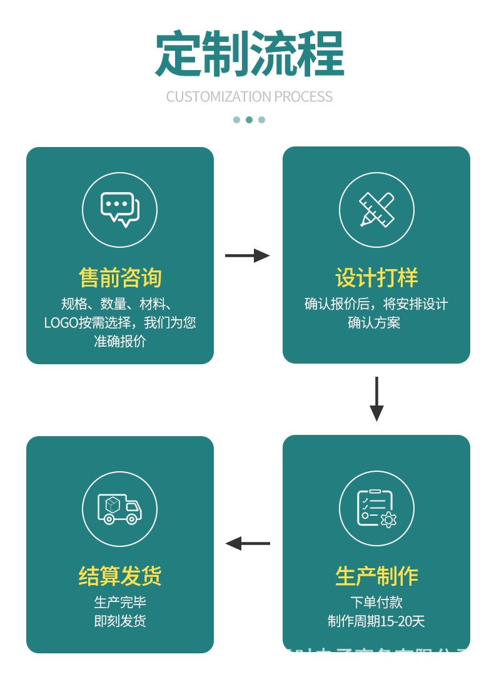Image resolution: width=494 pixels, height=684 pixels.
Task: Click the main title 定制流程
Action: point(250,54)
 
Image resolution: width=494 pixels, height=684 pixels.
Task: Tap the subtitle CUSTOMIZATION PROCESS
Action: point(250,97)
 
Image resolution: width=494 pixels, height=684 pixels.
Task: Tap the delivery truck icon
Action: point(119,509)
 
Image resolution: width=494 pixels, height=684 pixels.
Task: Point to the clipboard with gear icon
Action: point(376,509)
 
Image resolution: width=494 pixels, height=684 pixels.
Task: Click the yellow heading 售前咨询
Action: point(120,277)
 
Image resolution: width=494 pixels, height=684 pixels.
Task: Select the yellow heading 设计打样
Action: point(376,277)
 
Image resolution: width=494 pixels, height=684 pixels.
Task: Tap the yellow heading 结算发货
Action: point(120,575)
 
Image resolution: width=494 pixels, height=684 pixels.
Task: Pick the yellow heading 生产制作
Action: point(376,576)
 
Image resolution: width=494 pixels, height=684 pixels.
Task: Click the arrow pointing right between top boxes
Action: point(247,255)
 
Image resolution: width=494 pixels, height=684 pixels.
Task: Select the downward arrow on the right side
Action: point(376,399)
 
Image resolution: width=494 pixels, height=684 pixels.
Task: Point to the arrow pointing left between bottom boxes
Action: point(248,543)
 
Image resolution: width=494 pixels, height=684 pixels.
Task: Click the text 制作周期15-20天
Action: point(376,621)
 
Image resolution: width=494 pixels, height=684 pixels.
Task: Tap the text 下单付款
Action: point(376,603)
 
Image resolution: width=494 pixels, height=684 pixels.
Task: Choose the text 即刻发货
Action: point(120,621)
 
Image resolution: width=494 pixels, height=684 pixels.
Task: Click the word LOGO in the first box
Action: point(61,323)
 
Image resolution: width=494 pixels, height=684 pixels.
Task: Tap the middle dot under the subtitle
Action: point(249,120)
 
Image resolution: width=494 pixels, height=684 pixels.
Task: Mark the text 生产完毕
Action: point(120,603)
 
